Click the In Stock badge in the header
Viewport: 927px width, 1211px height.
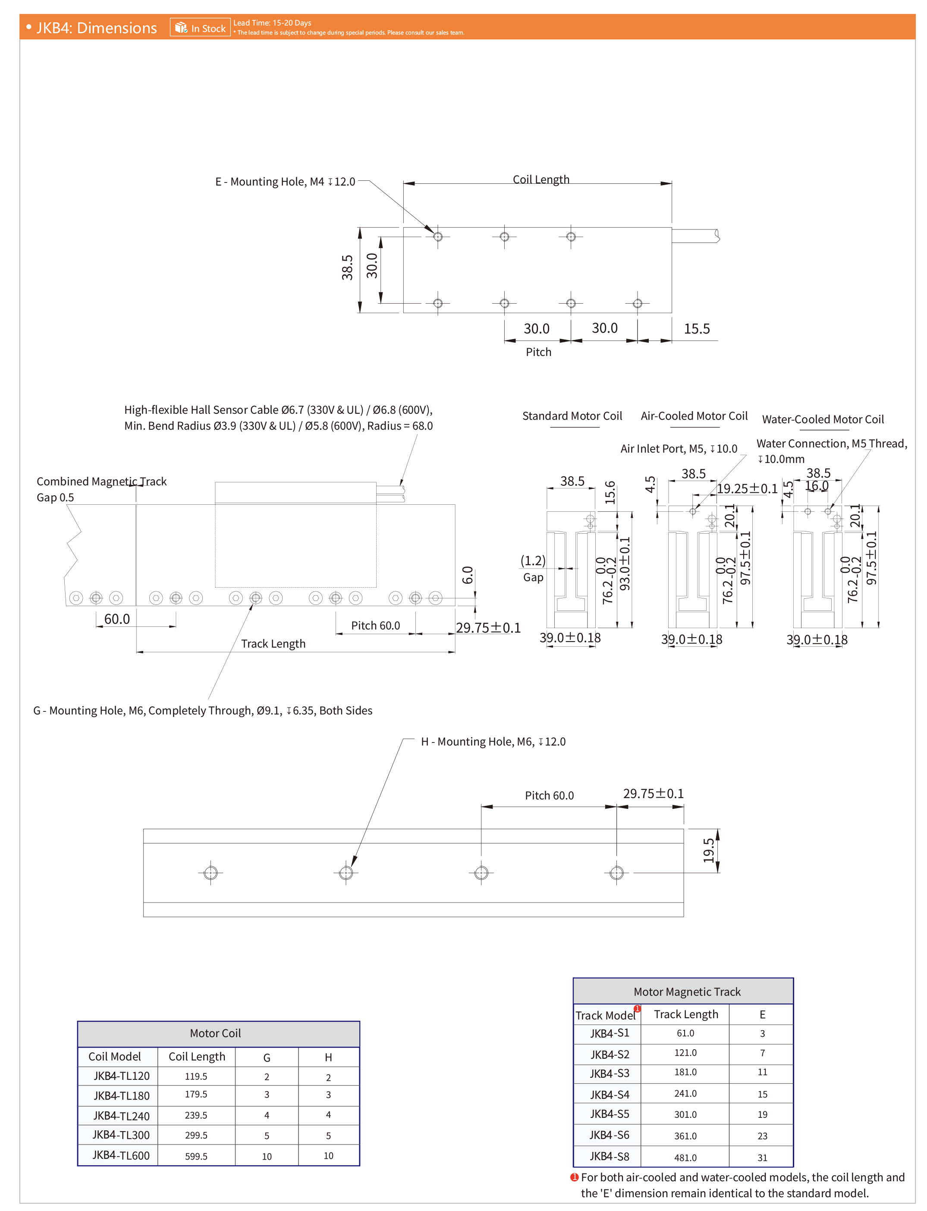[x=200, y=28]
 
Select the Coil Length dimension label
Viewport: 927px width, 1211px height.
[x=541, y=179]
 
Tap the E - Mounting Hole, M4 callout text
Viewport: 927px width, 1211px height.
[x=285, y=182]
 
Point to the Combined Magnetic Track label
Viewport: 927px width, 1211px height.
[x=101, y=481]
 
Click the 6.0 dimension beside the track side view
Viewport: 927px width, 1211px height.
[x=467, y=575]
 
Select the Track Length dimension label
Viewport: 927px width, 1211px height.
[x=273, y=643]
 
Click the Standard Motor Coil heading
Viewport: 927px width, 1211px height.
[x=572, y=415]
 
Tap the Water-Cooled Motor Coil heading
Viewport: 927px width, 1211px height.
[x=822, y=419]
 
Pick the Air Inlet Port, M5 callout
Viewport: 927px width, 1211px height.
[x=678, y=449]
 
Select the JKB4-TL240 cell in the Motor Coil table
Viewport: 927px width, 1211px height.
[x=121, y=1116]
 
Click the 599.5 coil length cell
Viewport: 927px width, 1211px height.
[x=196, y=1156]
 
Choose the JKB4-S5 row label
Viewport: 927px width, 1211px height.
[x=609, y=1114]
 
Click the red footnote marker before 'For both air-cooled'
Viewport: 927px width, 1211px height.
[x=574, y=1177]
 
